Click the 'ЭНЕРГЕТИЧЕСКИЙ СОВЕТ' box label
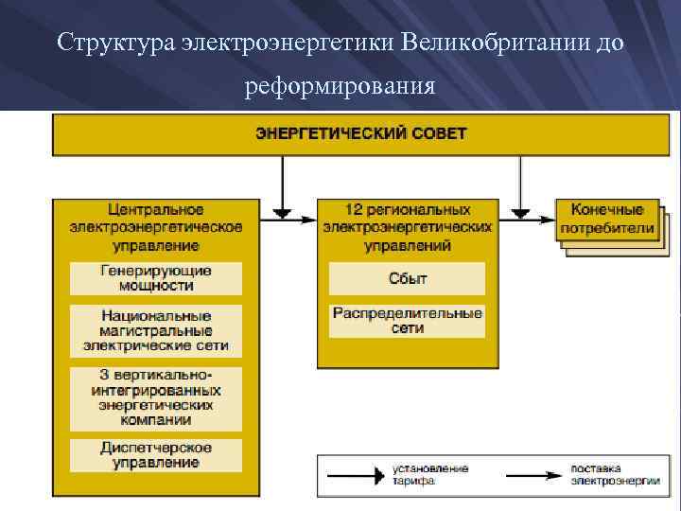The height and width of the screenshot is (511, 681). [360, 133]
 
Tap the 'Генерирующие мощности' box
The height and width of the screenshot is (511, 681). [156, 278]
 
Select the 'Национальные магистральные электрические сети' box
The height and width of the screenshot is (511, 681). [156, 330]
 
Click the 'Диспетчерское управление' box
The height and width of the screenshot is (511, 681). [156, 455]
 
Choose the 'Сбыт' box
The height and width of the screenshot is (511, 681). [407, 278]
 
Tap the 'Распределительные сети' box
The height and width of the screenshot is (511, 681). [407, 321]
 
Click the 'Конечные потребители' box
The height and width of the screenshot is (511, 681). [606, 220]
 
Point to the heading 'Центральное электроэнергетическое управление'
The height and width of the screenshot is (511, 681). [156, 227]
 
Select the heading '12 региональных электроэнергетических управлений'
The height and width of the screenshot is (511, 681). [407, 227]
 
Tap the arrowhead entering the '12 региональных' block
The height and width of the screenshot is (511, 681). [309, 220]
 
